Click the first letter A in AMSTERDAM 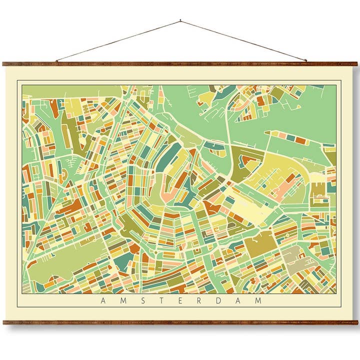point(103,300)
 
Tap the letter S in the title point(142,300)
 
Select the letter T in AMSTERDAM point(161,300)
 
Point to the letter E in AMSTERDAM point(180,300)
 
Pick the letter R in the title point(199,300)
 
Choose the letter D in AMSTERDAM point(218,300)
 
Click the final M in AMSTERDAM point(258,300)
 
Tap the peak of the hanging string point(180,21)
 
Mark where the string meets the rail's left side point(56,61)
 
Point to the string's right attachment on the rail point(305,61)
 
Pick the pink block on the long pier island point(283,136)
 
